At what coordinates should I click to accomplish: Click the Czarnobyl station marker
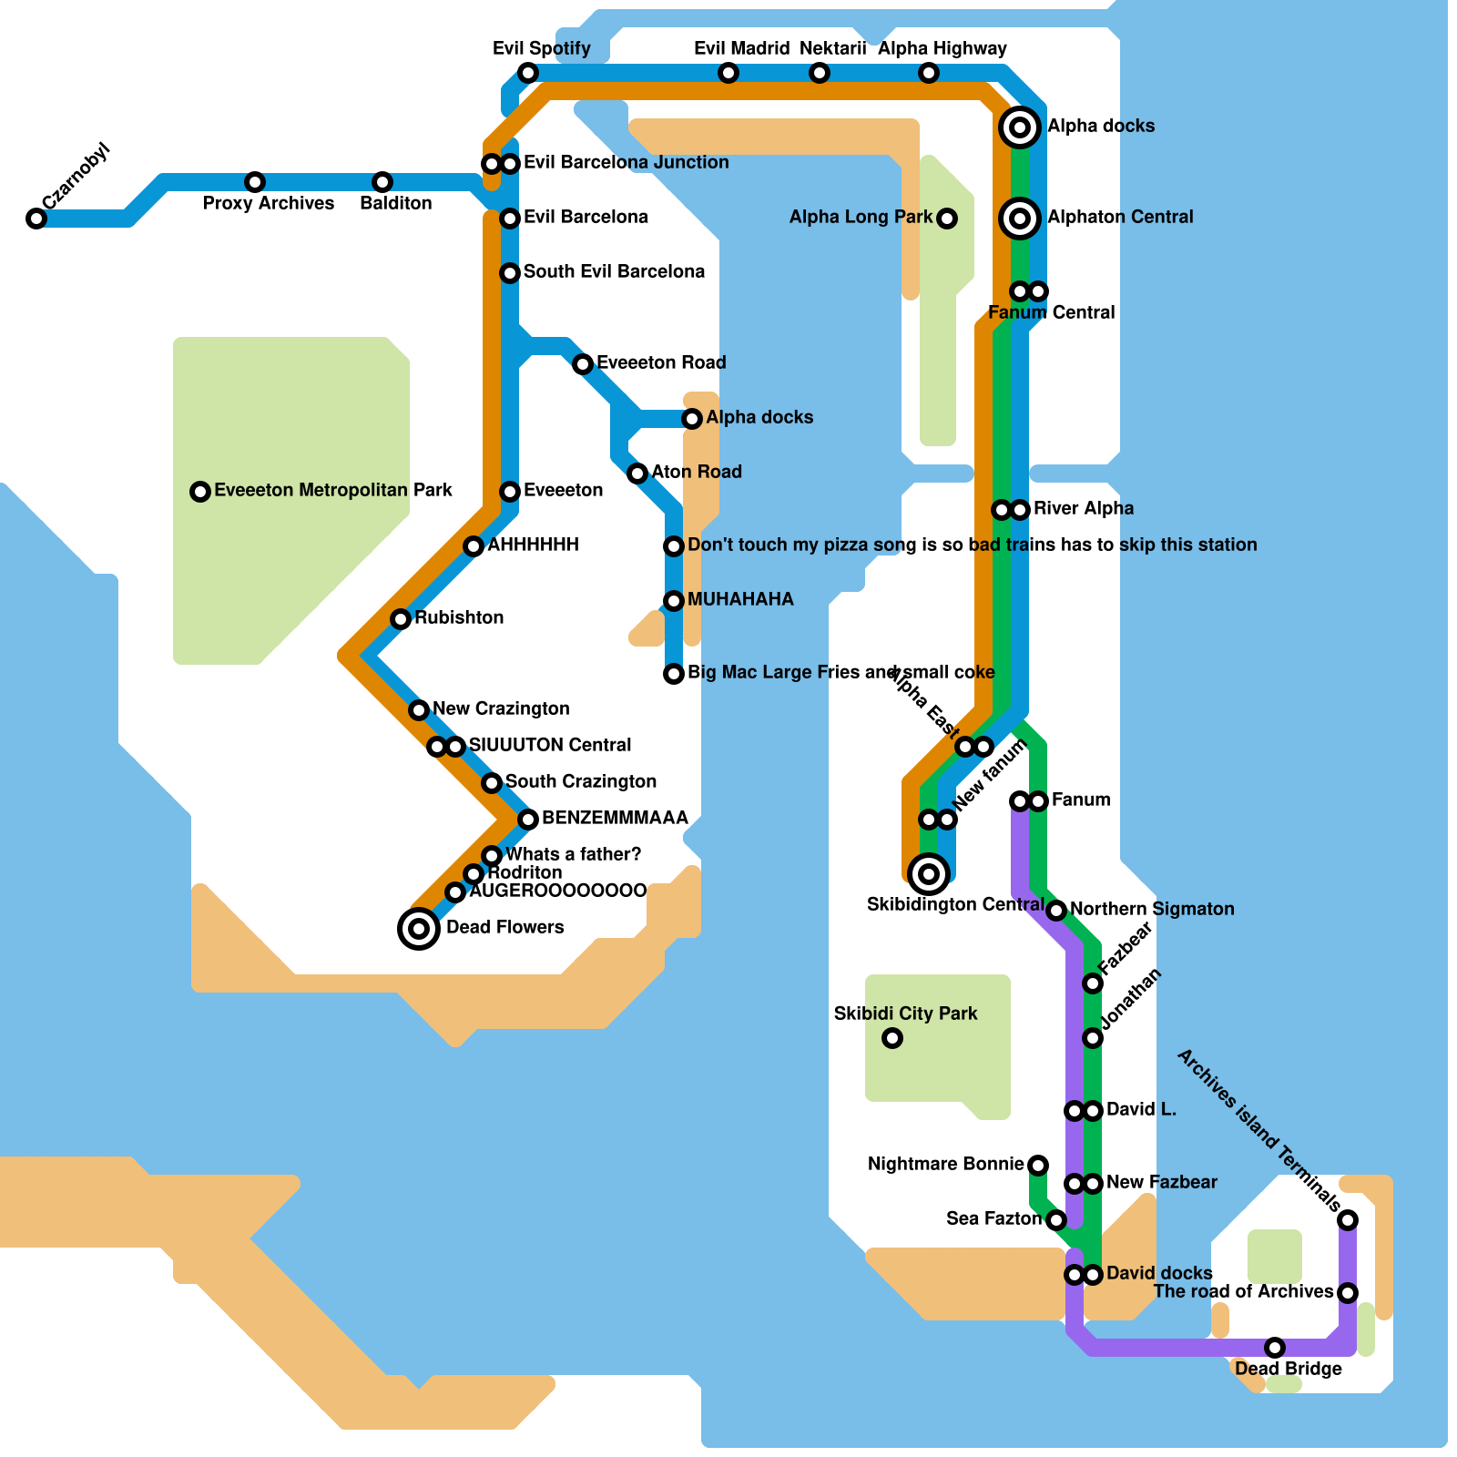(x=36, y=219)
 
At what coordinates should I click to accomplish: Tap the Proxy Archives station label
(x=268, y=203)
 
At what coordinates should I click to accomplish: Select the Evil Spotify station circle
(x=528, y=73)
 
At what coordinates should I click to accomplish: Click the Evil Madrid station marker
(x=728, y=73)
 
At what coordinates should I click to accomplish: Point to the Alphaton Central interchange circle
(x=1020, y=219)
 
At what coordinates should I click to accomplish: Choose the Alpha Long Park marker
(x=947, y=219)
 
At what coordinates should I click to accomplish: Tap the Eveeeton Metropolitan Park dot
(x=200, y=492)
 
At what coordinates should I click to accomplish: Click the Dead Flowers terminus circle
(x=419, y=929)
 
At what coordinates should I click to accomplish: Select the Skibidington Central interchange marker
(x=929, y=874)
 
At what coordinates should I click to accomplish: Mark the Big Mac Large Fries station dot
(x=674, y=674)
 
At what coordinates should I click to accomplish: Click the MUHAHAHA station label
(x=740, y=599)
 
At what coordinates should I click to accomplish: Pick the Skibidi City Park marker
(x=892, y=1038)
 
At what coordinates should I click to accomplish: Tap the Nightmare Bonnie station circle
(x=1038, y=1166)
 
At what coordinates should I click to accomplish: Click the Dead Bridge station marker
(x=1275, y=1348)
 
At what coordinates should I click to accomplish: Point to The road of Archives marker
(x=1348, y=1293)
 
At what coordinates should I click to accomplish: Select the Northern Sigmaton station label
(x=1152, y=909)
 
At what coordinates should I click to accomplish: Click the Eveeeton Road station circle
(x=583, y=364)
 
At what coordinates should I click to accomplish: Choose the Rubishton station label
(x=459, y=617)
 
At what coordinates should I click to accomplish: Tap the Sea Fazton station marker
(x=1056, y=1220)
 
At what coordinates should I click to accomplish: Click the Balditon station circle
(x=382, y=182)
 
